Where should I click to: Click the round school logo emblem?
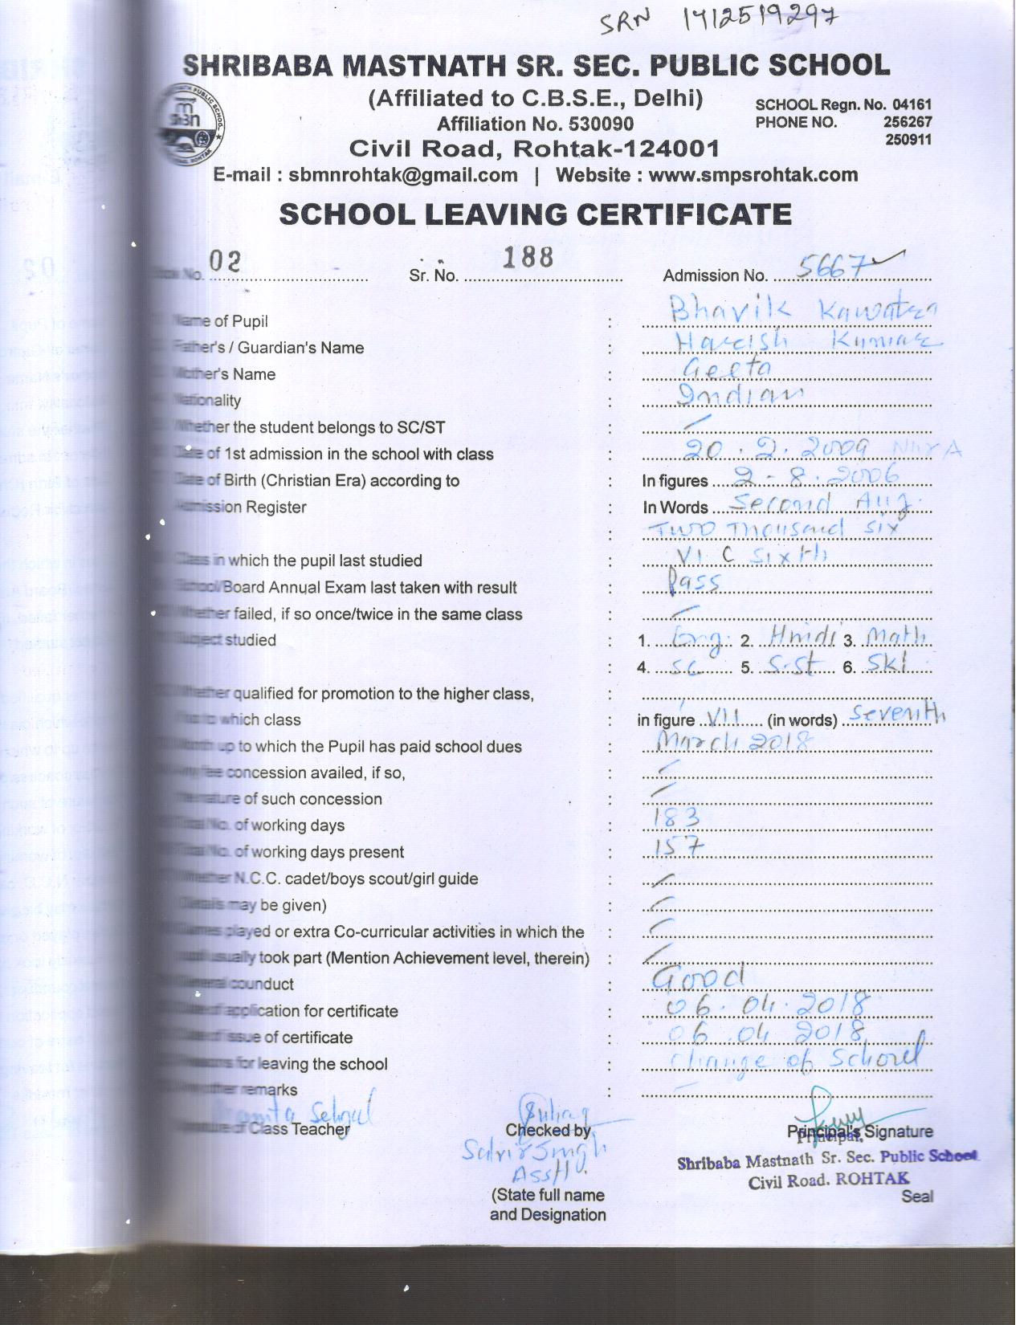pyautogui.click(x=192, y=125)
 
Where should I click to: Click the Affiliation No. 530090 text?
pyautogui.click(x=535, y=124)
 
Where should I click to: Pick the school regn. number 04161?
pyautogui.click(x=915, y=104)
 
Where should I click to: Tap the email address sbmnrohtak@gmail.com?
pyautogui.click(x=403, y=175)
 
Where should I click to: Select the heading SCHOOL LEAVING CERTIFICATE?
pyautogui.click(x=535, y=214)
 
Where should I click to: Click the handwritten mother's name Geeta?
pyautogui.click(x=726, y=369)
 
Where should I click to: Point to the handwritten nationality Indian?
pyautogui.click(x=740, y=394)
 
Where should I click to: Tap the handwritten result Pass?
pyautogui.click(x=694, y=582)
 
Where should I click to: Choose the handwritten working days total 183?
pyautogui.click(x=678, y=818)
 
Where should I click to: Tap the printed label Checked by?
pyautogui.click(x=549, y=1131)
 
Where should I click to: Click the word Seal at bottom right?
pyautogui.click(x=917, y=1197)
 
